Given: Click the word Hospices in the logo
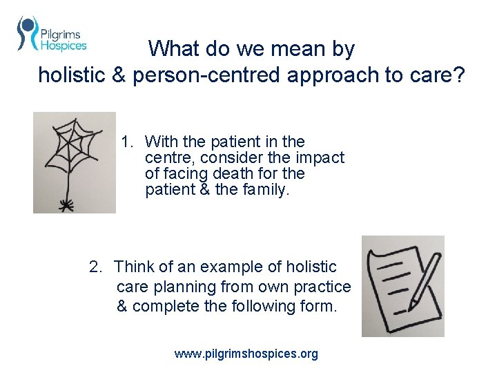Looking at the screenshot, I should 64,46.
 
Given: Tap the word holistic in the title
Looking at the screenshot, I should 71,75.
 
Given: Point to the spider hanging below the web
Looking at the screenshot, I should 68,204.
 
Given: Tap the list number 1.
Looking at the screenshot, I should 126,142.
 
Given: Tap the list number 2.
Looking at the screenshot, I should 95,267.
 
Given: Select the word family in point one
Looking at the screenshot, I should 263,189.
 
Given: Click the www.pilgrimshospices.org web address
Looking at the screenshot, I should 246,354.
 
